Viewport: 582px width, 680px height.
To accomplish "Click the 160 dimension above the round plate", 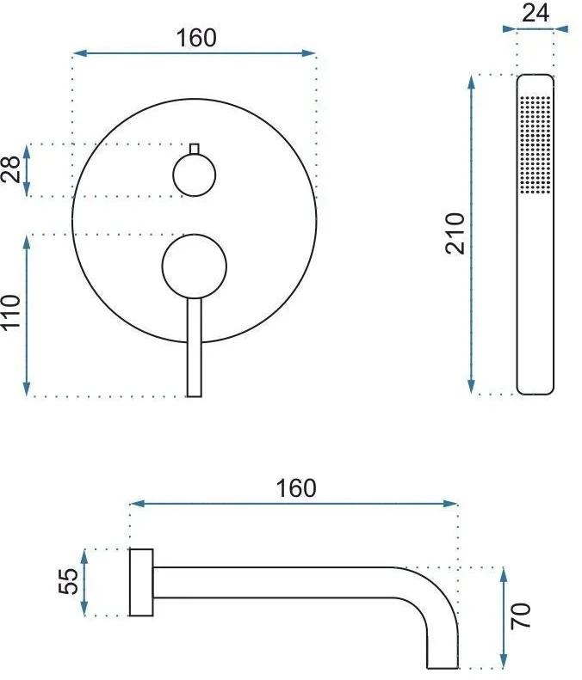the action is [196, 38].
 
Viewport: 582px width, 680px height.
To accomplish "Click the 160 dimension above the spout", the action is [296, 488].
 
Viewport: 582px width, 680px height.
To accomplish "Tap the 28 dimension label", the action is [11, 169].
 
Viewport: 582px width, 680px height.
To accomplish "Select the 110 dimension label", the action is [11, 312].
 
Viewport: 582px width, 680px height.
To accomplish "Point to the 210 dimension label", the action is [455, 233].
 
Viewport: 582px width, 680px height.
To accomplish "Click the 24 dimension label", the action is [536, 13].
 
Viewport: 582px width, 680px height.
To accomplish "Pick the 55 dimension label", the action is [68, 581].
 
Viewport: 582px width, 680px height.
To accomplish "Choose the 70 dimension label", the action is [520, 616].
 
